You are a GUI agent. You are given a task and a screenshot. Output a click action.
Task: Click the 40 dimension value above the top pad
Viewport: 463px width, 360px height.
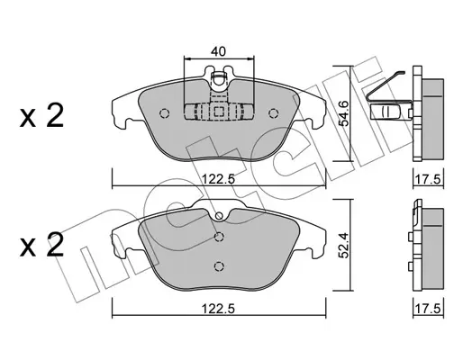218,51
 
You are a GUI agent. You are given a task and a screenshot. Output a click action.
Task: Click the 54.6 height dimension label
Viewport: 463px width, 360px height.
344,113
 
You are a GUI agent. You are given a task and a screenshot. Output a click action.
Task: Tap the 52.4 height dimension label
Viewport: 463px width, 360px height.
344,246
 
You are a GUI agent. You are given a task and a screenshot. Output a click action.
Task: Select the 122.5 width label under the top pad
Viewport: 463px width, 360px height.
218,179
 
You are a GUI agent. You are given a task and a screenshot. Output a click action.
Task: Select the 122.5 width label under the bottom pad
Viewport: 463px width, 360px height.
218,309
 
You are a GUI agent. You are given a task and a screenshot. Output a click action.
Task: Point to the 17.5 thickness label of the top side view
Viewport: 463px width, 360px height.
429,180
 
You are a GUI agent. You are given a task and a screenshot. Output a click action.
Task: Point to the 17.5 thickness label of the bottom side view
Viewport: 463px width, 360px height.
429,309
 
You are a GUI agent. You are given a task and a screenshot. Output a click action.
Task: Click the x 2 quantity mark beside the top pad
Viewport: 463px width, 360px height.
41,116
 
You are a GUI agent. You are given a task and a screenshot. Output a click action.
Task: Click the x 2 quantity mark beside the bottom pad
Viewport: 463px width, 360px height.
41,245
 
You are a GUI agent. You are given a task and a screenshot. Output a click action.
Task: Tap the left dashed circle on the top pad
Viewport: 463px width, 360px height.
164,113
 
